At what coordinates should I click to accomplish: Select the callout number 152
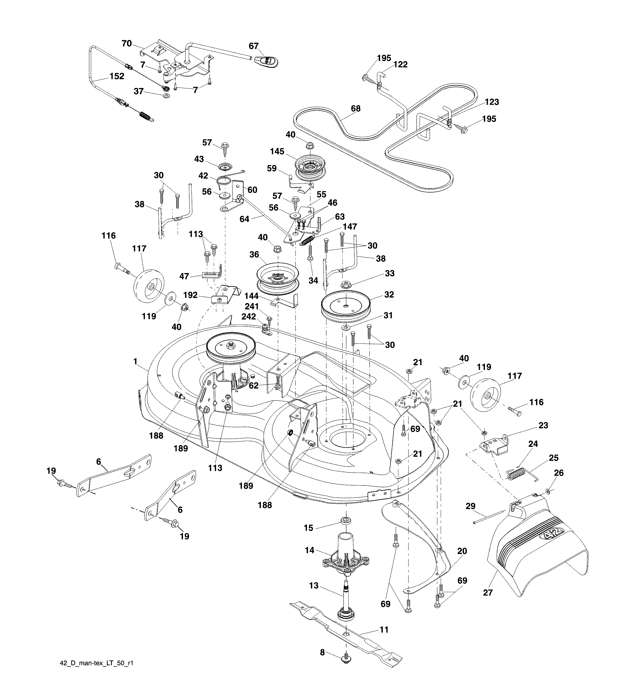point(117,76)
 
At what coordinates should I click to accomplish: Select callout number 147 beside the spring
point(350,226)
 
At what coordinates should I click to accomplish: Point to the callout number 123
point(492,102)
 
